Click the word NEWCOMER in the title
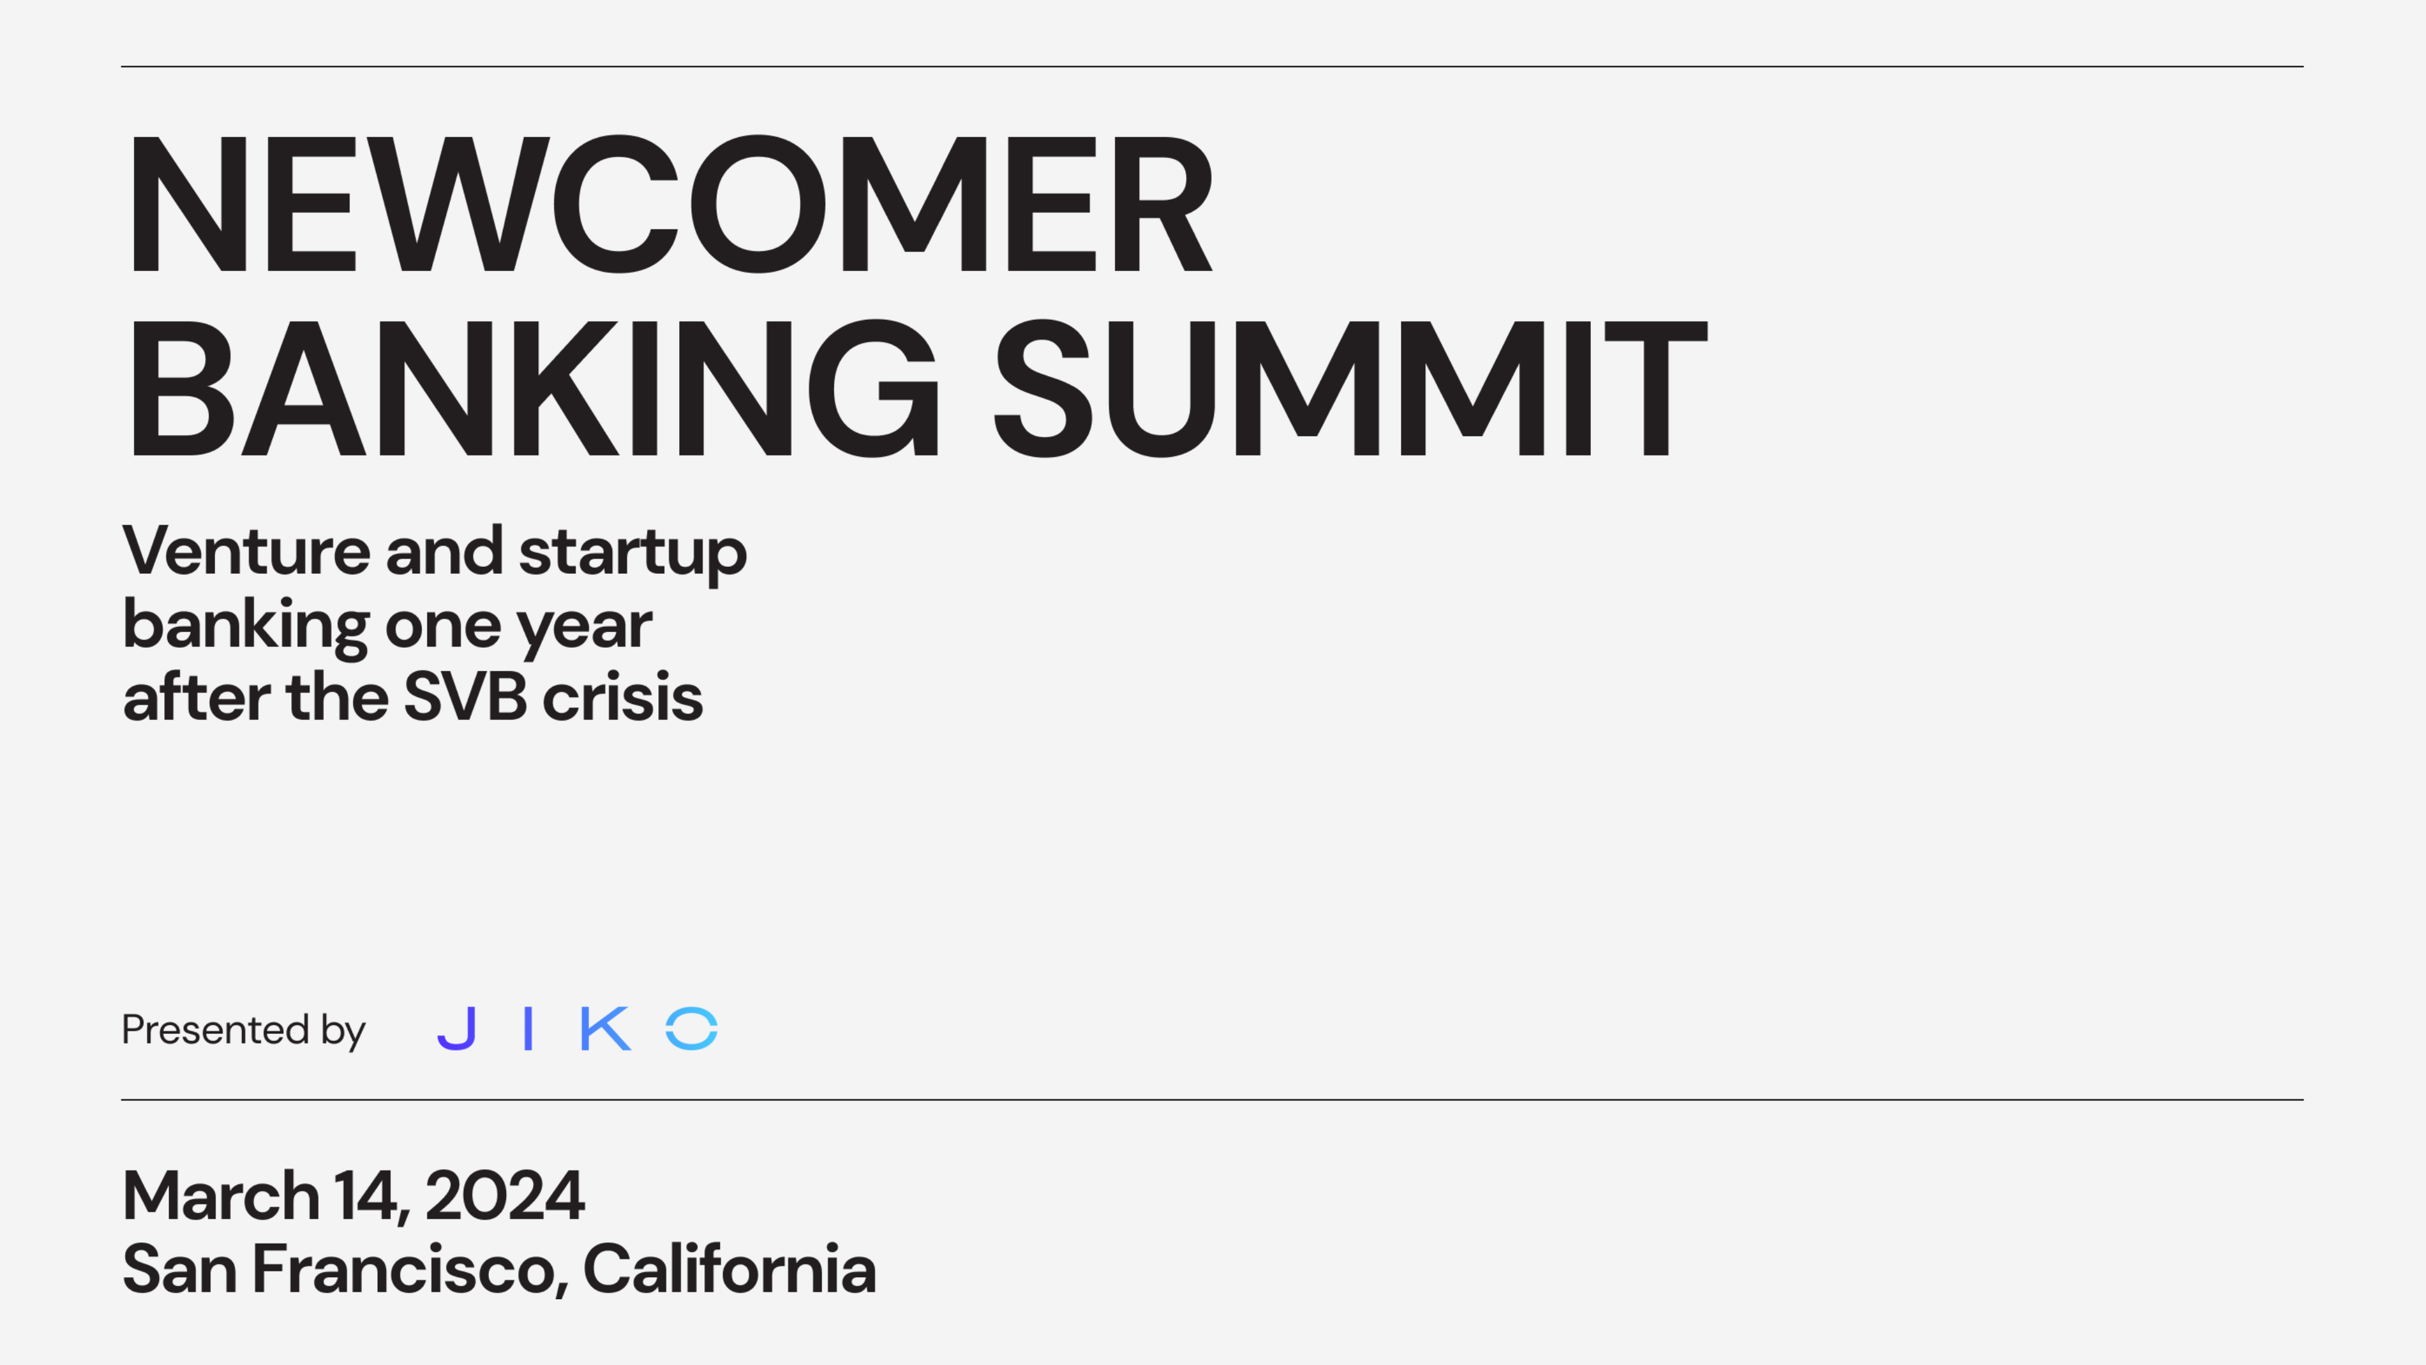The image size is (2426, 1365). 668,204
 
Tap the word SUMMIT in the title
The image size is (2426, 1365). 1349,388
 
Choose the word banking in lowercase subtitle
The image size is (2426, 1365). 246,626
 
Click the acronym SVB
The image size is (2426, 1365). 464,698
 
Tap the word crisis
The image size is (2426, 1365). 622,698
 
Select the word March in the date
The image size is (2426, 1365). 221,1196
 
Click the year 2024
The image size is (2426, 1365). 505,1196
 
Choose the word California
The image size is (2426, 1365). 729,1270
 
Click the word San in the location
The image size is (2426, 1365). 179,1270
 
